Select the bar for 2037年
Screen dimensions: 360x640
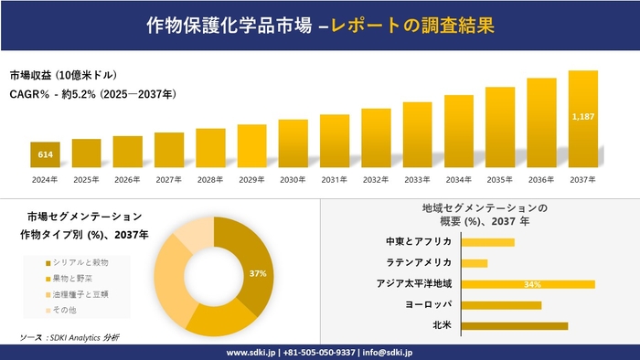pos(583,119)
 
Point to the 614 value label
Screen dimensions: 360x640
pos(45,155)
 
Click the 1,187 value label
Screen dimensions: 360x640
pos(583,117)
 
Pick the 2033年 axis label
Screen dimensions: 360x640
pos(417,179)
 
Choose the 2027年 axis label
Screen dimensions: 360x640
pos(169,179)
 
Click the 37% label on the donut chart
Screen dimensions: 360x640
pos(257,273)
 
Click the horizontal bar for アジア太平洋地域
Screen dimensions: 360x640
pos(528,284)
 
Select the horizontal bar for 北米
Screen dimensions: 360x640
pos(515,325)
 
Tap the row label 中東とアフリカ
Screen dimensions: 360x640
pos(419,242)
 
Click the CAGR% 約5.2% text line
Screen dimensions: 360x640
pos(92,94)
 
